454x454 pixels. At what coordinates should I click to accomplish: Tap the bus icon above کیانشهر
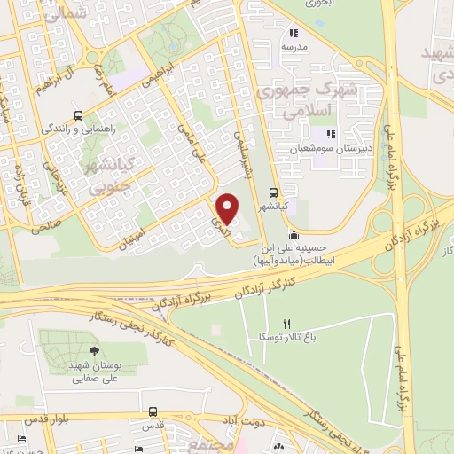click(x=274, y=192)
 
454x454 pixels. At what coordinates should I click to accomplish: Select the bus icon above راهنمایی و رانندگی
click(x=79, y=115)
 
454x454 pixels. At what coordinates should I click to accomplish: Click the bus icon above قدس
click(x=153, y=412)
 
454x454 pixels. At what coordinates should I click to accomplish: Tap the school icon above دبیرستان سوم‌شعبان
click(x=331, y=135)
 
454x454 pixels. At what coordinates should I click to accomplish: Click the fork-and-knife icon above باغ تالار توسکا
click(x=286, y=324)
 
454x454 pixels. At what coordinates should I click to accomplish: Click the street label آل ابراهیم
click(x=54, y=79)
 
